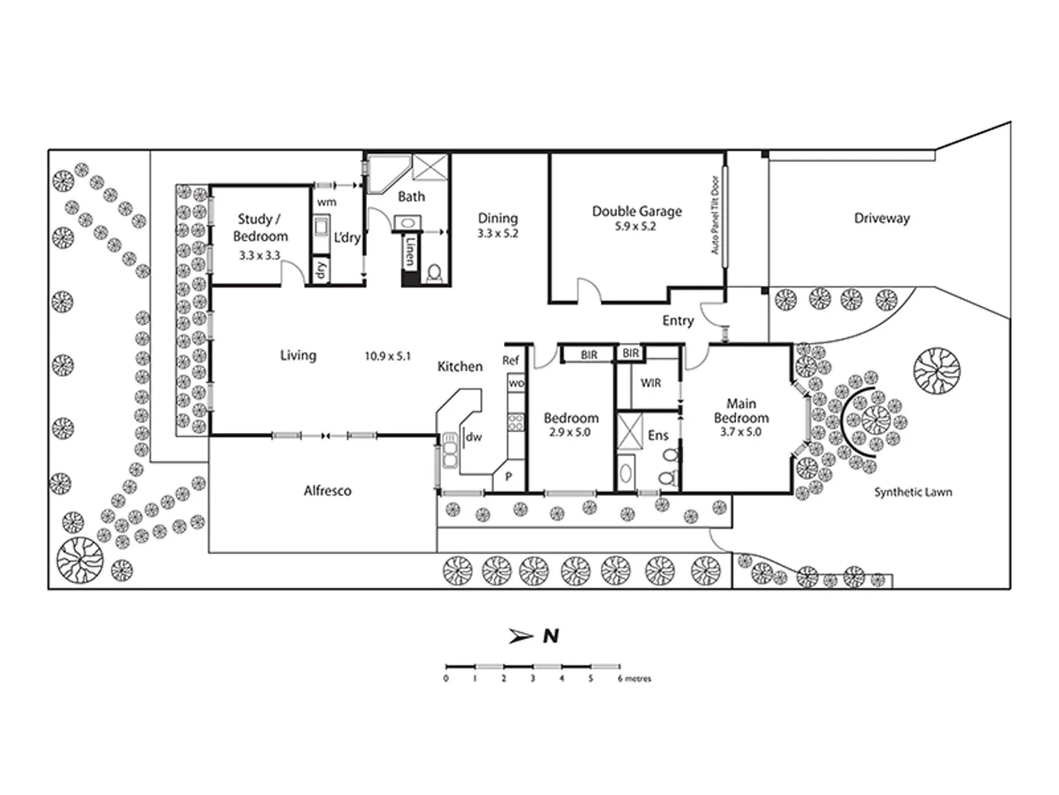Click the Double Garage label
(637, 211)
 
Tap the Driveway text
(882, 218)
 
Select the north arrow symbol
(521, 636)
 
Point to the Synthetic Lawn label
(913, 492)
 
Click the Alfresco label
(327, 490)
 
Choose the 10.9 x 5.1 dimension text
(388, 356)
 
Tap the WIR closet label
(651, 383)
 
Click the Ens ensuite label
(658, 435)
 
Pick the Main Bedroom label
(741, 411)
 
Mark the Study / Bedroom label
(260, 227)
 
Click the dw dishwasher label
(474, 437)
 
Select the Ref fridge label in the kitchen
(510, 360)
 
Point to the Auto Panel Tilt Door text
(715, 214)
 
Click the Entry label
(677, 320)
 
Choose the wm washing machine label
(327, 202)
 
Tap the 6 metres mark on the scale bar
(621, 678)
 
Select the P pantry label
(508, 477)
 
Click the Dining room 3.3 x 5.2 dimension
(498, 233)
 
